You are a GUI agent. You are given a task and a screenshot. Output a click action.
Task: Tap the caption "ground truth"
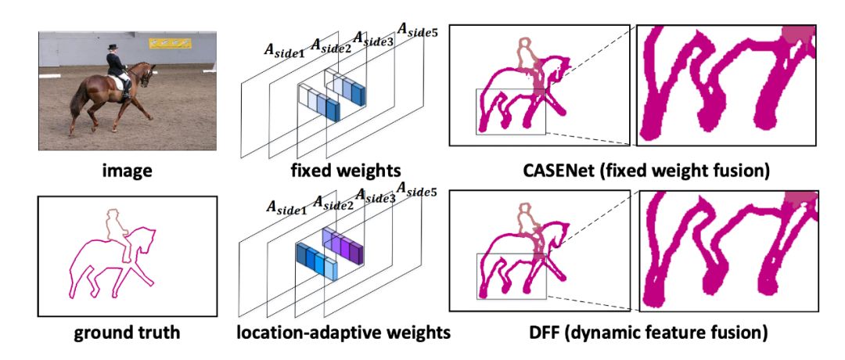[x=126, y=333]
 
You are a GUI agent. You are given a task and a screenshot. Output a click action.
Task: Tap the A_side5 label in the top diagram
[x=417, y=31]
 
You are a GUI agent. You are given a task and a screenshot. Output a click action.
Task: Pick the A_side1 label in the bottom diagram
[x=286, y=208]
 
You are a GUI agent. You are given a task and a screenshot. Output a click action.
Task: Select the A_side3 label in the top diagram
[x=372, y=39]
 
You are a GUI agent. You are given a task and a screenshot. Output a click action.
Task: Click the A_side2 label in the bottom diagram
[x=332, y=203]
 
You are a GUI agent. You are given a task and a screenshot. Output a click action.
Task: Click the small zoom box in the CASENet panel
[x=511, y=111]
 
